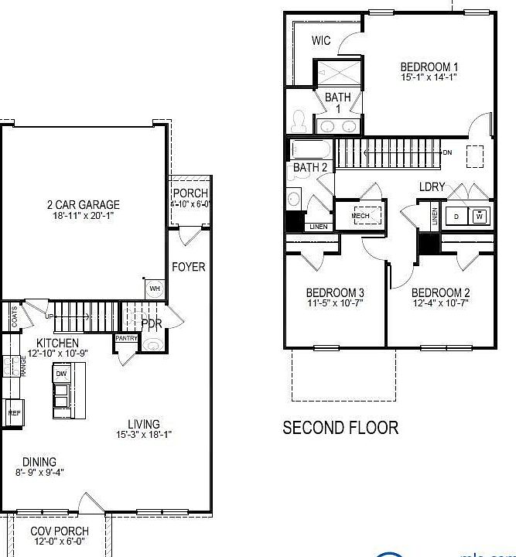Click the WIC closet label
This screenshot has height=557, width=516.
pos(321,40)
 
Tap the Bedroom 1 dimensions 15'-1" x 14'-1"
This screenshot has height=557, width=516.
pos(429,77)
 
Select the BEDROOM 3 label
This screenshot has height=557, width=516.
pos(335,292)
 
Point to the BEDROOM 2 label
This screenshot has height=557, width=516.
pos(440,292)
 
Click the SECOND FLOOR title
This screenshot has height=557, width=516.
pos(340,427)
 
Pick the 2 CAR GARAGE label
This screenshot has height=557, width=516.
pos(83,205)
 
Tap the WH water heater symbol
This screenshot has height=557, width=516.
pos(154,289)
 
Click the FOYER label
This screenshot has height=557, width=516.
pos(188,267)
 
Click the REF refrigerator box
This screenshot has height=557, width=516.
pos(14,413)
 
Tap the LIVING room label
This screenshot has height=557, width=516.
pos(144,424)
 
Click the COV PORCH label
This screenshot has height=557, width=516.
pos(59,531)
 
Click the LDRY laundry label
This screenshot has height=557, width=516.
pos(431,186)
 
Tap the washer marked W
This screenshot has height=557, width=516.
pos(480,217)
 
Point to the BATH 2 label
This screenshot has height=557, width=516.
pos(309,167)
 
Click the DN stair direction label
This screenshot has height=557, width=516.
pos(447,152)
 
